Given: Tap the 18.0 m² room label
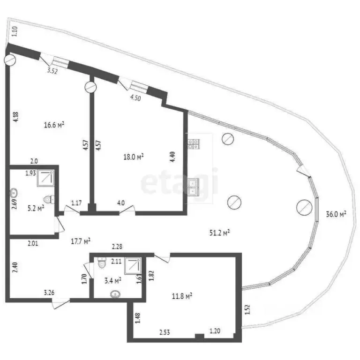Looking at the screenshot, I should click(133, 157).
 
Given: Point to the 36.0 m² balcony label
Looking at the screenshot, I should click(336, 214).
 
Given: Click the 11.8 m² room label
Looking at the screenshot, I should click(182, 296).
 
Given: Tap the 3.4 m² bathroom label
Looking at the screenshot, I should click(112, 281).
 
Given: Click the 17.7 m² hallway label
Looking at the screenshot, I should click(80, 241).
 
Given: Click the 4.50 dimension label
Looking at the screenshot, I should click(135, 98).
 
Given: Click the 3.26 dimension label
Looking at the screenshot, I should click(49, 293).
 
